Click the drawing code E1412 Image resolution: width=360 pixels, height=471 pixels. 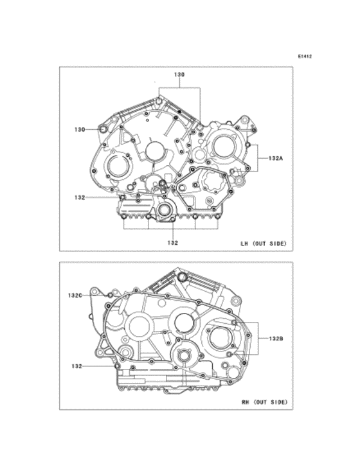pos(305,56)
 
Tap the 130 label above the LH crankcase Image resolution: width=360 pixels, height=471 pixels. pos(179,75)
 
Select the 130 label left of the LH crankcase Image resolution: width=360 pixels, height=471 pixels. pos(80,129)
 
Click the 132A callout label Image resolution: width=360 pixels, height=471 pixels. pos(276,158)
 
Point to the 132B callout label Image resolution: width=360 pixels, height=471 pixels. pos(276,339)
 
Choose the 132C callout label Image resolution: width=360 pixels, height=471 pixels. pos(75,296)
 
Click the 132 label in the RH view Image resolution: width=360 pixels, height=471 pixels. pos(77,366)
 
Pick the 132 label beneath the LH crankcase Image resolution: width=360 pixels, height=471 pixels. pos(173,243)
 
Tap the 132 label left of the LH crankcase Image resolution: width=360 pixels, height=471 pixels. pos(80,197)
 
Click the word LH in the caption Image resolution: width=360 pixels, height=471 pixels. pos(244,244)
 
